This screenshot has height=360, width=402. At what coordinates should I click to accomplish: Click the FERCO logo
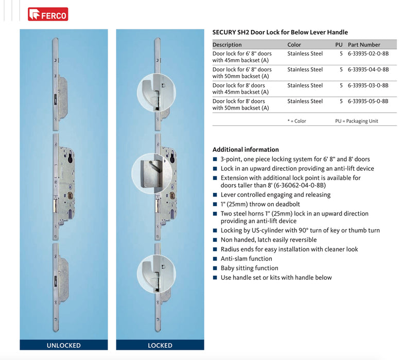pos(48,14)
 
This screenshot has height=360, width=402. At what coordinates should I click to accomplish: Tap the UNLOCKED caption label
pos(64,345)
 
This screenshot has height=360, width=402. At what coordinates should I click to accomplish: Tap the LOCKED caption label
pos(160,345)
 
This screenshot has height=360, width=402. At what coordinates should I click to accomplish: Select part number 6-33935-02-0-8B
pos(368,53)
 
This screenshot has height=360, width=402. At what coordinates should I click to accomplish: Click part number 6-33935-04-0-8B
pos(368,69)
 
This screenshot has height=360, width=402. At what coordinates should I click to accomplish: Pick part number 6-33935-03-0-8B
pos(368,85)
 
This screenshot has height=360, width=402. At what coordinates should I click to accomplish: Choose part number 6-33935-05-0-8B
pos(368,101)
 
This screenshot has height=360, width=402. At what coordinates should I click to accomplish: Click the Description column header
pos(227,45)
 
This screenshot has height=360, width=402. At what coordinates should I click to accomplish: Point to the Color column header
pos(294,45)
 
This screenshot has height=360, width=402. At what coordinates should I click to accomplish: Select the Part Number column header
pos(364,45)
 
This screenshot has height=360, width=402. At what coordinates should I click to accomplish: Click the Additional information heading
pos(246,150)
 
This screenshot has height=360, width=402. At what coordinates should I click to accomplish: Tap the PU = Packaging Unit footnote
pos(359,121)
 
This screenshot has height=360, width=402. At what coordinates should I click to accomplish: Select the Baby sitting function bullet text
pos(249,268)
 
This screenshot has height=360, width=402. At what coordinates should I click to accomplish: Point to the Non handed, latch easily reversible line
pos(269,240)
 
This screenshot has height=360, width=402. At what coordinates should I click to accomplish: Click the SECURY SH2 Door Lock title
pos(280,32)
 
